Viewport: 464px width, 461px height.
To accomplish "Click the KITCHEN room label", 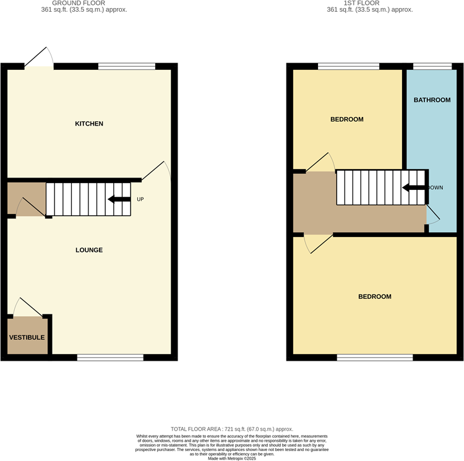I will coord(89,124).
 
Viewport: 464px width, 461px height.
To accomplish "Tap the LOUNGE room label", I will coord(89,250).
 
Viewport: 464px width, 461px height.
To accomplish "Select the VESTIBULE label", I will coord(27,338).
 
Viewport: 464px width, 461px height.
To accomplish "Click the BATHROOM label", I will coord(432,100).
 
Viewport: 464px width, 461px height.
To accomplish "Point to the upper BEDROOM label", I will coord(346,119).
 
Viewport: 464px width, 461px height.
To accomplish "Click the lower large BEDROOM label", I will coord(375,296).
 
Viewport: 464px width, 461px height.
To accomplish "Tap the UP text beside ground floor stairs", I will coord(140,199).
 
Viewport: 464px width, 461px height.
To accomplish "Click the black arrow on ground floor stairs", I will coord(119,199).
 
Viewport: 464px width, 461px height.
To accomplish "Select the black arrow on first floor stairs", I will coord(413,188).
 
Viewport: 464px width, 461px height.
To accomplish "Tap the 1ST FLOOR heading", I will coord(370,2).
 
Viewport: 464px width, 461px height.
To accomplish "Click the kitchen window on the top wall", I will coord(126,66).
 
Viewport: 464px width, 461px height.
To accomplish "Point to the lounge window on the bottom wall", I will coord(110,357).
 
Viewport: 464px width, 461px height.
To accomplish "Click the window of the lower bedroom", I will coord(375,357).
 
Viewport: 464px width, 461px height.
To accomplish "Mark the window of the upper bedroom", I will coord(348,66).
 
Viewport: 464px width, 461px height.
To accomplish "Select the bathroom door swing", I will coord(433,214).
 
